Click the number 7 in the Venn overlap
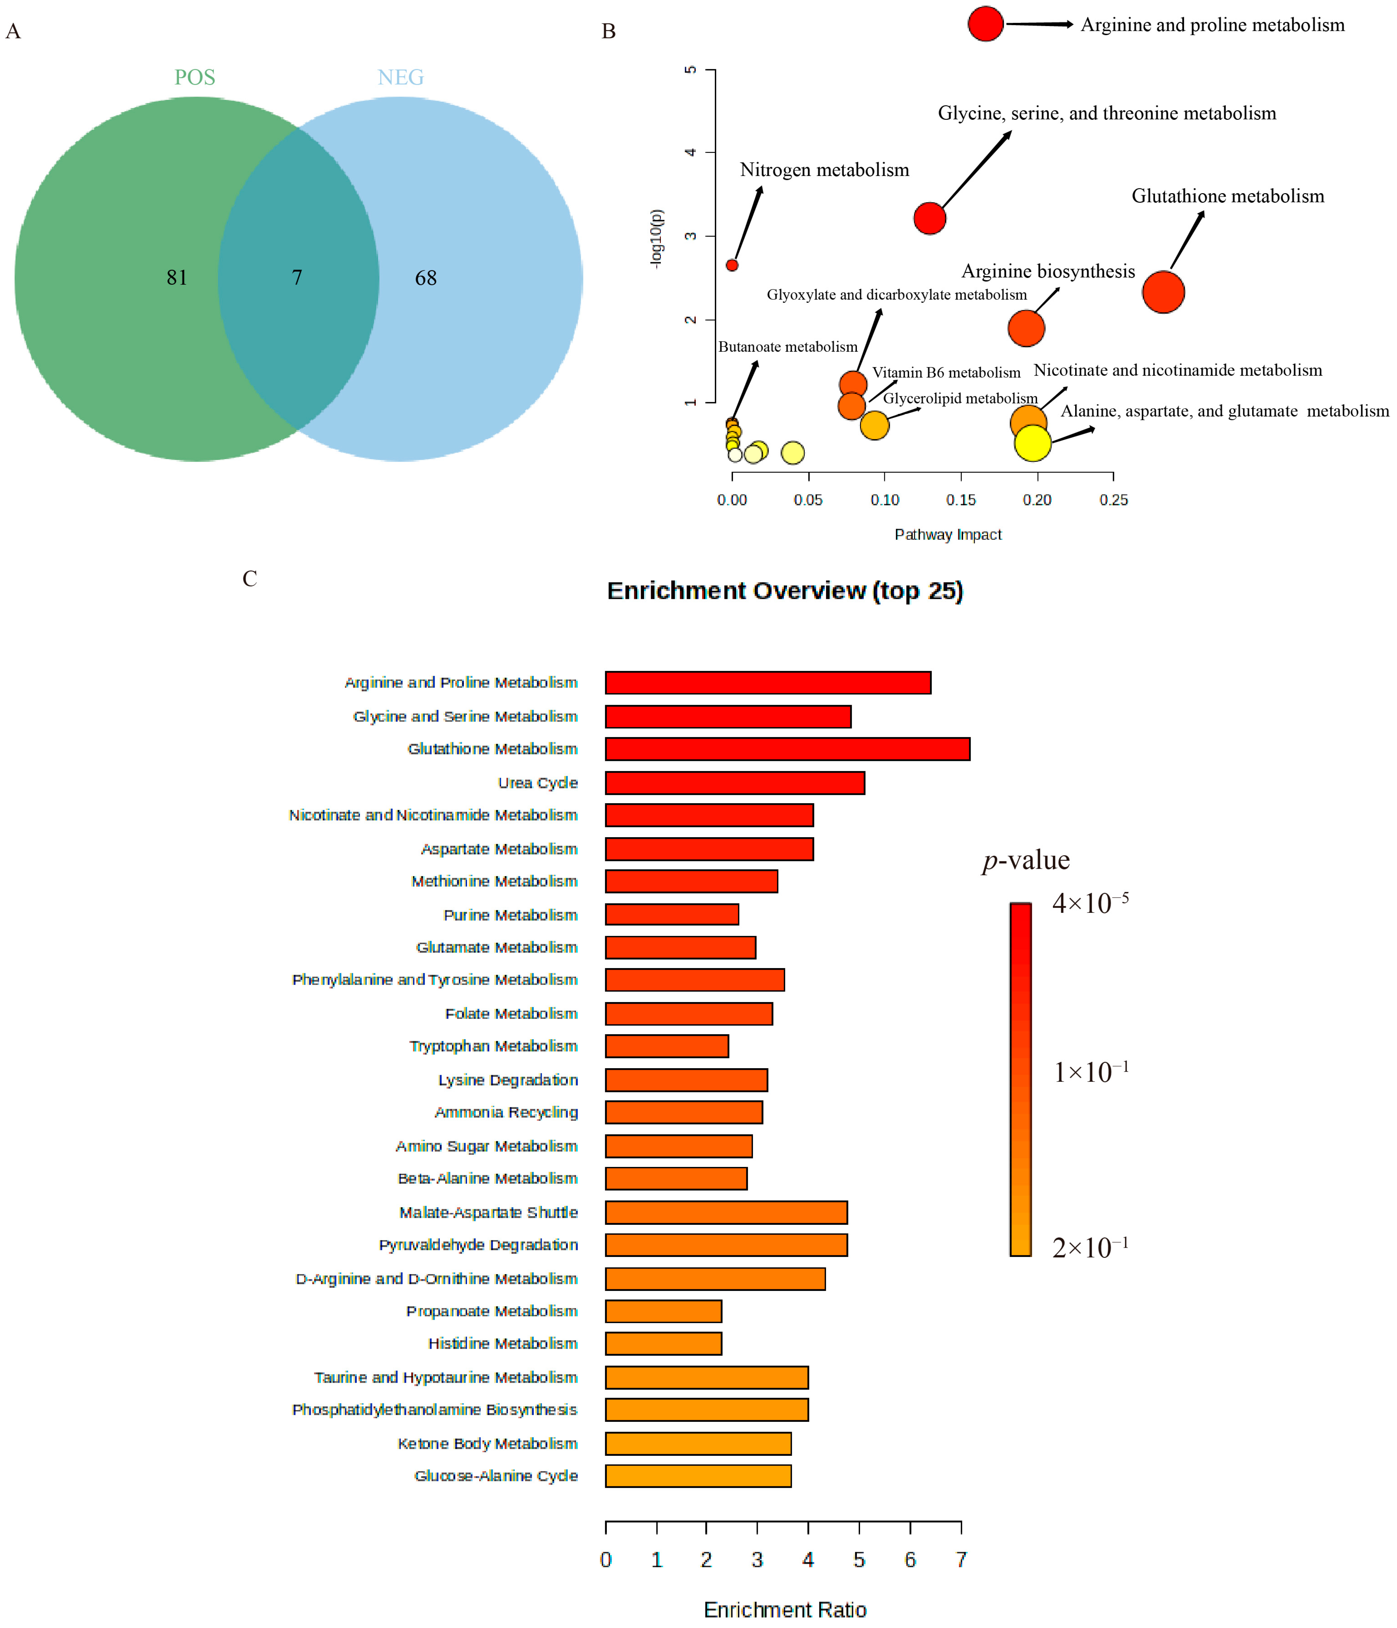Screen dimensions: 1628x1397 click(297, 277)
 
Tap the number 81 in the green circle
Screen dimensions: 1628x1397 click(177, 277)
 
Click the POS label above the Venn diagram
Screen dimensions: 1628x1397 click(195, 77)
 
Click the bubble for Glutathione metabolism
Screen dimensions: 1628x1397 click(1163, 292)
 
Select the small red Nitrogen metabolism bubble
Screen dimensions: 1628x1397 click(731, 266)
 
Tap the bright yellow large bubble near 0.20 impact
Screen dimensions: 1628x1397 click(1033, 443)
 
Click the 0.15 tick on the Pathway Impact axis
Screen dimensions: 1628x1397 click(961, 500)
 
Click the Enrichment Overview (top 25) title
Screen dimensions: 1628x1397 click(785, 591)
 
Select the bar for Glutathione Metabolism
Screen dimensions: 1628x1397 click(787, 749)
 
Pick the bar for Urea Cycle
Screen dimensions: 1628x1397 click(735, 783)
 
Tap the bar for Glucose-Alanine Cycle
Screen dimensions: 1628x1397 click(698, 1475)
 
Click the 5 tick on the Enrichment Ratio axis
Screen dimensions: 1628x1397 click(859, 1560)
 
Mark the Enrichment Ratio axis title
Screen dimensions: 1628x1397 click(785, 1610)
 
